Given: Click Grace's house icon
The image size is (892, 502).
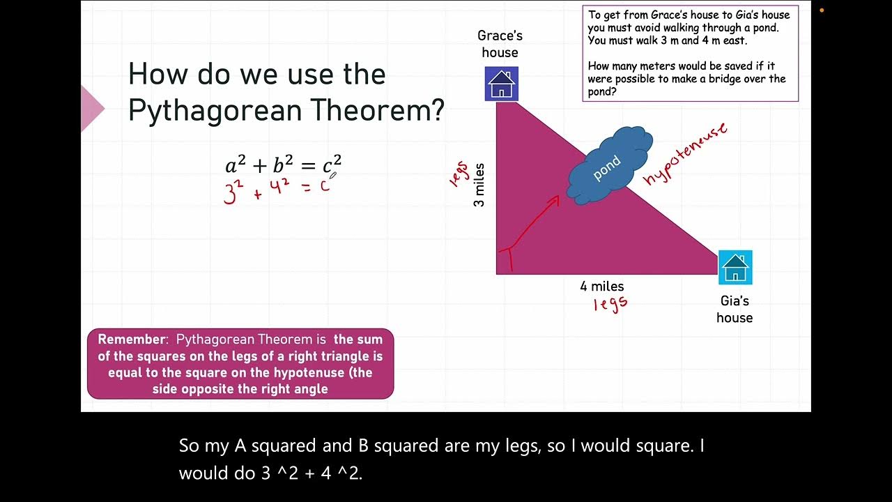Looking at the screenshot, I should pos(501,84).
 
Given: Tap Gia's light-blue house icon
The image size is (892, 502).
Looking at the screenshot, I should pos(735,267).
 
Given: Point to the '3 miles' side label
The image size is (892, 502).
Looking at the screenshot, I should pos(479,185).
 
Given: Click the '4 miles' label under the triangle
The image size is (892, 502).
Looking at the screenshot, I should pos(601,286).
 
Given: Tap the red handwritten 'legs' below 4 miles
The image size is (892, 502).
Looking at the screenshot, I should pos(610,303).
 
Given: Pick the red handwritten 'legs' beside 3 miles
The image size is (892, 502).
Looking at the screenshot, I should pos(458,174).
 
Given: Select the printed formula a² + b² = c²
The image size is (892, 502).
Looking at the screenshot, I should pos(283,165).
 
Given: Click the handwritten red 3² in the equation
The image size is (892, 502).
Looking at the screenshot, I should pos(232,192).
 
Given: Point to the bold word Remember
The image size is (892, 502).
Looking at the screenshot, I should pos(132,340).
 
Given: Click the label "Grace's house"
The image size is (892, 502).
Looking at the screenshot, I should pos(500,44).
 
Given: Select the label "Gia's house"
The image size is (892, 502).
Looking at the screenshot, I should pos(735,309).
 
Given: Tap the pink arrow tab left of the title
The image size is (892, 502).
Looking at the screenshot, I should pos(92,108).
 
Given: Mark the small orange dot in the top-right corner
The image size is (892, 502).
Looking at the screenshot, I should pos(822,10).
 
